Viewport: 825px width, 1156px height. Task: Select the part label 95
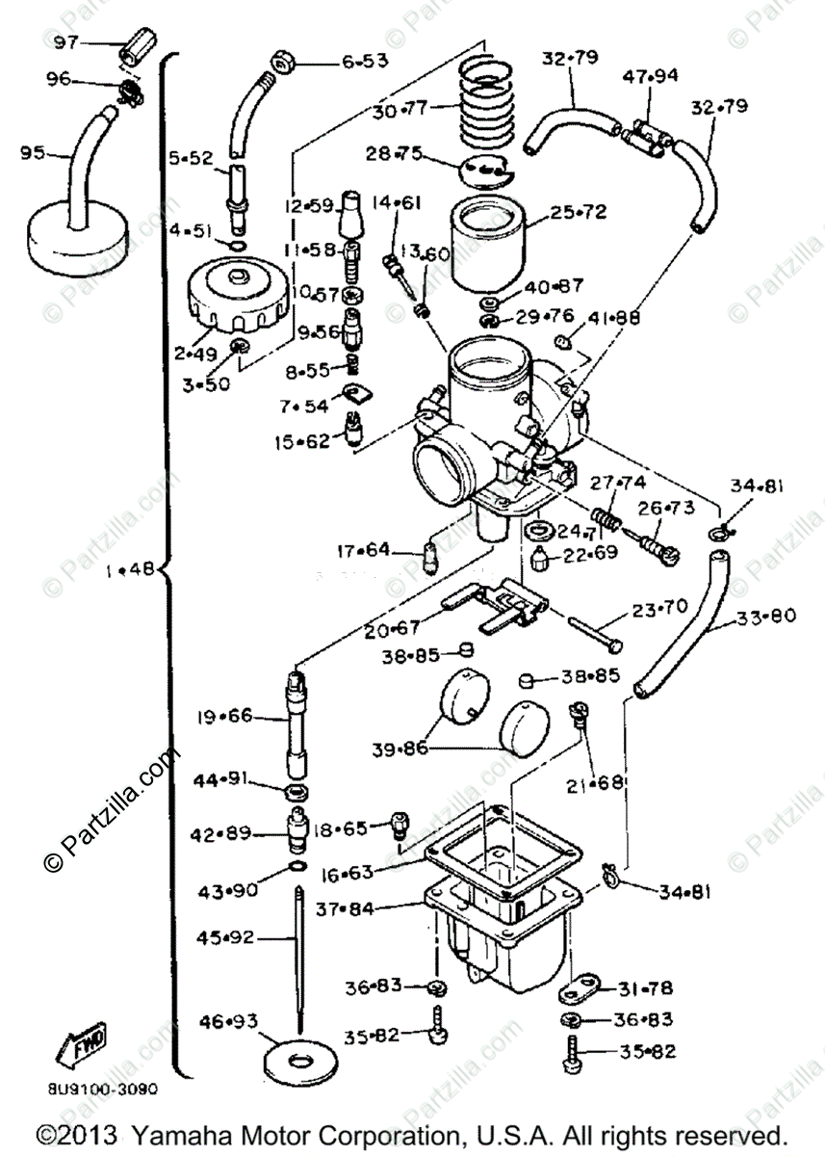[34, 152]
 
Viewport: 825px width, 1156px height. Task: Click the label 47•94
[651, 75]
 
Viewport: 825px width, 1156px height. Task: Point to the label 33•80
[767, 617]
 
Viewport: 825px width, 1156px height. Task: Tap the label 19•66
[224, 717]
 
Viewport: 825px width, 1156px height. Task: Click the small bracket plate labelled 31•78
[581, 987]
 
